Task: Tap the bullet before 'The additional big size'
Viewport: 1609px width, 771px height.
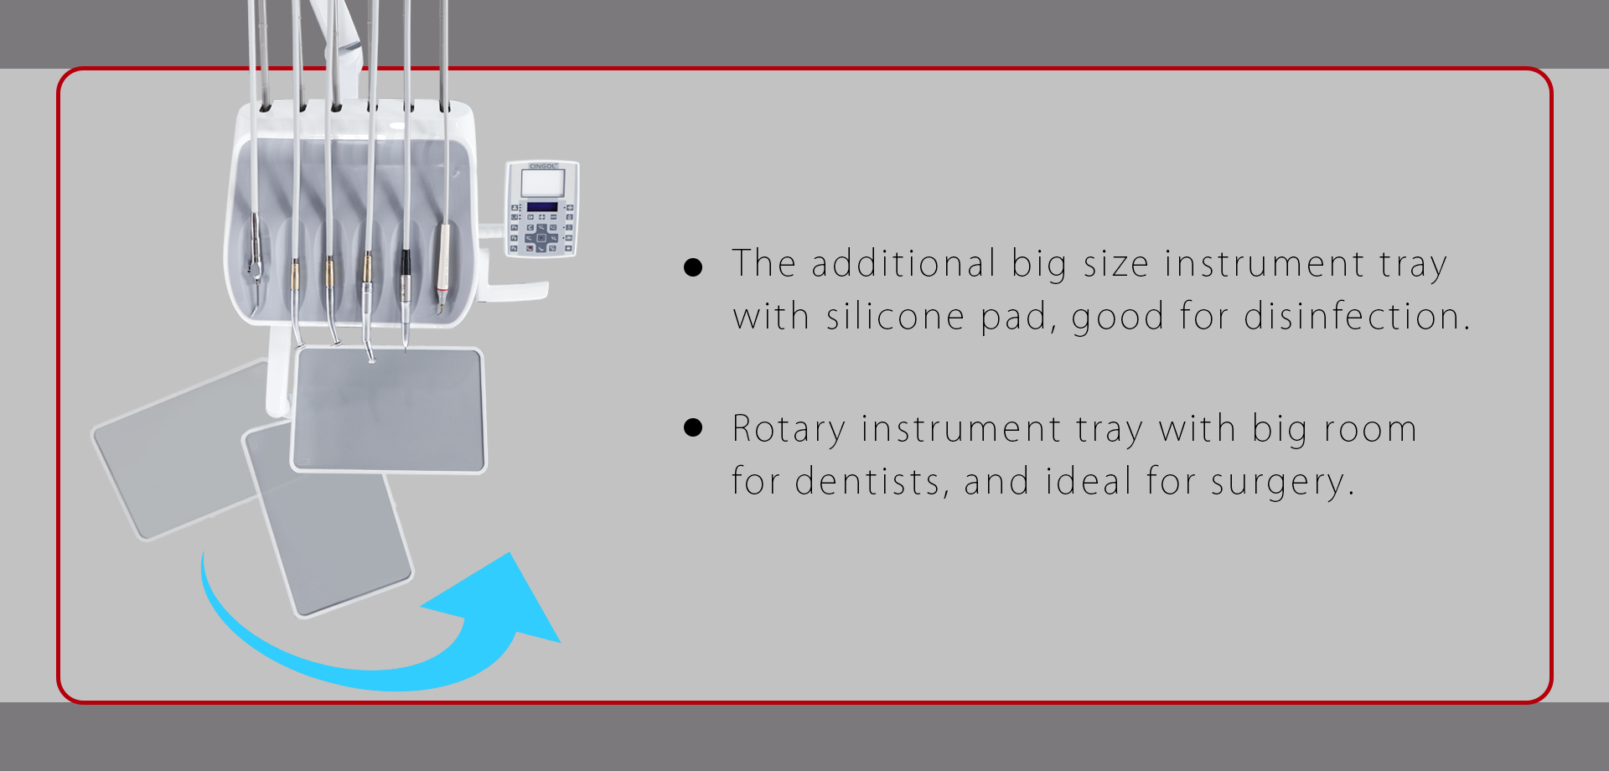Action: click(693, 267)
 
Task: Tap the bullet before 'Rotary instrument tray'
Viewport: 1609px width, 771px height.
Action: click(693, 427)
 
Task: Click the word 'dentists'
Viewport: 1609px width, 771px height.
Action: click(867, 481)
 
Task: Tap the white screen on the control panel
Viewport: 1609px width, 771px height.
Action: click(542, 183)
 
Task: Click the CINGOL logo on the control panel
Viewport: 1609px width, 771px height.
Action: click(542, 166)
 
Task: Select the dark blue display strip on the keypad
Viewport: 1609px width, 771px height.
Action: click(542, 207)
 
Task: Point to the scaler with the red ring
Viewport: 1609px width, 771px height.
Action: click(442, 268)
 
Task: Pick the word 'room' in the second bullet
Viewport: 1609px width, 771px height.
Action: click(1369, 430)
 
